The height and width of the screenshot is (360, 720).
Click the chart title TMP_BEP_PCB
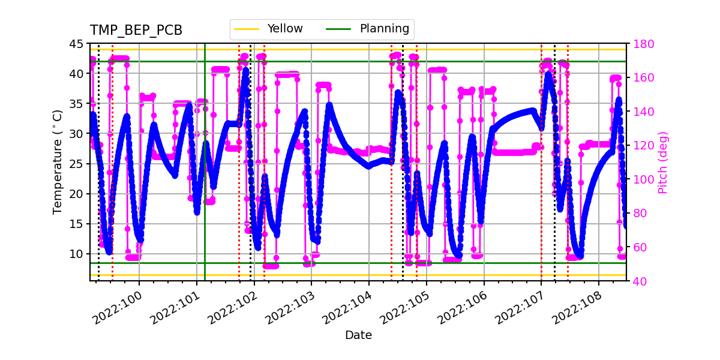(x=136, y=31)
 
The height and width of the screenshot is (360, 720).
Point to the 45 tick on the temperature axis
(x=76, y=44)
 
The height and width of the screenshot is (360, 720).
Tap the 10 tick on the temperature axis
(x=76, y=254)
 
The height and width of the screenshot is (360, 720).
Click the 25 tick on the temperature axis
(x=76, y=164)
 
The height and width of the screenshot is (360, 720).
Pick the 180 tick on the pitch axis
(x=643, y=44)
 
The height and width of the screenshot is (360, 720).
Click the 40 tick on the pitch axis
(x=640, y=280)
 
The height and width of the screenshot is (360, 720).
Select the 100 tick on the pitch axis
(x=643, y=179)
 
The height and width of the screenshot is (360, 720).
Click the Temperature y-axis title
(x=58, y=162)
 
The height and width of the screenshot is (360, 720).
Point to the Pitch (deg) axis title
(x=663, y=162)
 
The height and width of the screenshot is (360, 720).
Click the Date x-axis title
(x=358, y=335)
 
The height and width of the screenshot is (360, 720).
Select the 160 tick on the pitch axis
(x=643, y=77)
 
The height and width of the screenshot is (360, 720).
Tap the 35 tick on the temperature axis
(x=76, y=104)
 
